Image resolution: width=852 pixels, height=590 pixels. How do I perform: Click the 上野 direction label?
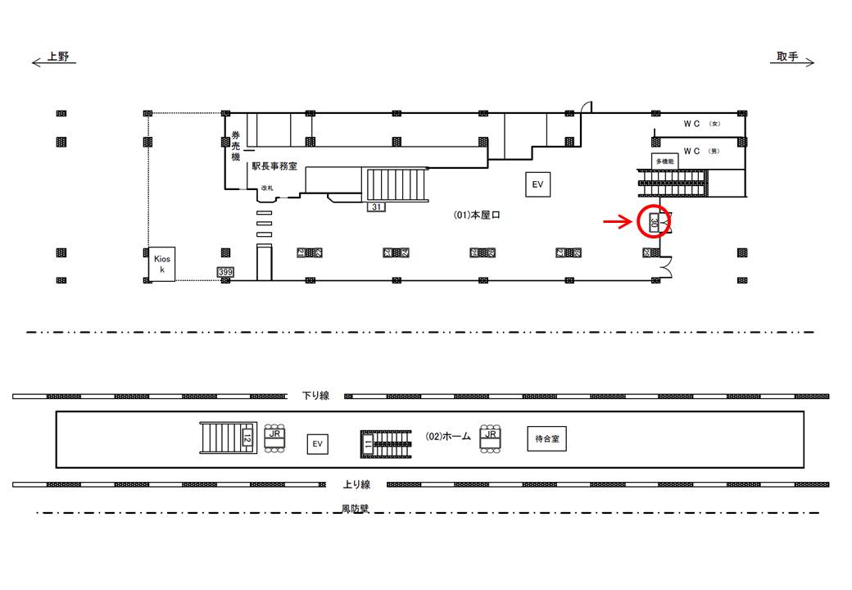(x=58, y=57)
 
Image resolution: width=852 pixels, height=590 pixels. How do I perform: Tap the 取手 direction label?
(x=787, y=57)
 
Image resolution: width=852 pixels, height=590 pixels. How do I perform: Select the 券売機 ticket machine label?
(x=235, y=147)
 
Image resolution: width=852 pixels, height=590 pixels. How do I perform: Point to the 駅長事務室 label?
(x=274, y=166)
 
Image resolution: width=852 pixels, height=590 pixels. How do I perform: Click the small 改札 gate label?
(x=266, y=188)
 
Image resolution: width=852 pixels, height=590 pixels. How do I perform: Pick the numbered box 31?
(x=376, y=206)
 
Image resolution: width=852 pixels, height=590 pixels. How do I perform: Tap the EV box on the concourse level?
(x=537, y=185)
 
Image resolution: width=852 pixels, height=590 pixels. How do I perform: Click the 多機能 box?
(x=665, y=161)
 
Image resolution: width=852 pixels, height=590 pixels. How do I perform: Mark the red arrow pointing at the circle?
(x=618, y=221)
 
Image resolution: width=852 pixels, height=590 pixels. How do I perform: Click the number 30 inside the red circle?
(x=654, y=222)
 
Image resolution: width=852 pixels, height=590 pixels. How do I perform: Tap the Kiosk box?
(x=161, y=264)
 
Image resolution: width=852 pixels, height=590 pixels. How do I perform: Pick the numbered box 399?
(x=224, y=271)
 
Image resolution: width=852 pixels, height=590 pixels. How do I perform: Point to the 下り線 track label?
(x=315, y=396)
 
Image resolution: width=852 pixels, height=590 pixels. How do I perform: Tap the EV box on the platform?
(x=318, y=444)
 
